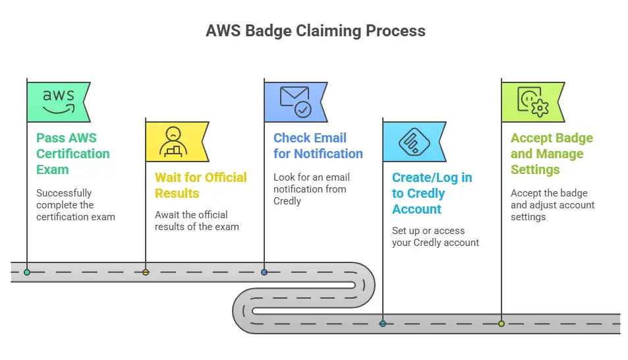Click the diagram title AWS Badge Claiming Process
tap(315, 31)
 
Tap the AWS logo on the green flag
tap(59, 102)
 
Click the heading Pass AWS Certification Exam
tap(72, 154)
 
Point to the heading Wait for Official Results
tap(200, 185)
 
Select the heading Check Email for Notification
tap(318, 146)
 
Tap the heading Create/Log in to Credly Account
tap(432, 193)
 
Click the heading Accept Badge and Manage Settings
tap(552, 154)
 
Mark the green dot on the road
tap(27, 272)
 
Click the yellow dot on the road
tap(146, 272)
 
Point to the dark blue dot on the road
tap(264, 272)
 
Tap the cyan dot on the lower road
tap(383, 324)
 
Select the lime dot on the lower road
tap(501, 324)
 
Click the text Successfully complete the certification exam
tap(75, 204)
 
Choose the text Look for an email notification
tap(312, 189)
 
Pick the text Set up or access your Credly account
tap(436, 236)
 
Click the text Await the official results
tap(196, 220)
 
